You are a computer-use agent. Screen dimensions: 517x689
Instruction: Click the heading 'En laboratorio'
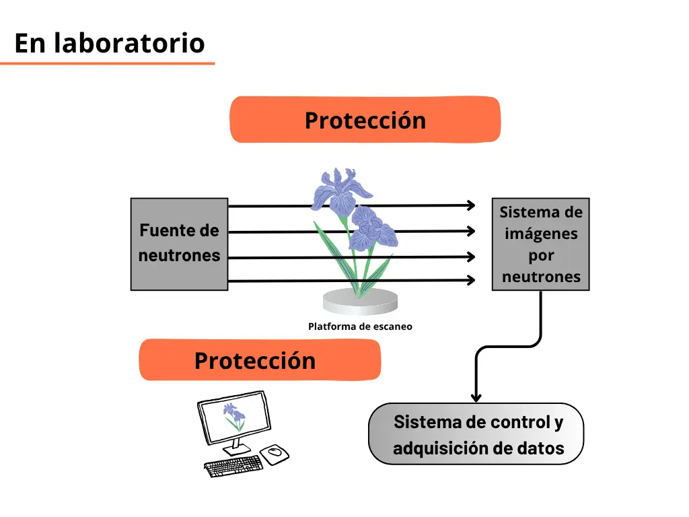[x=110, y=43]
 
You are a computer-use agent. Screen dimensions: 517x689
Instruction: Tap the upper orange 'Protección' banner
[x=365, y=120]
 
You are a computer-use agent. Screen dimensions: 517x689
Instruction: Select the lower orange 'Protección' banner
[x=260, y=360]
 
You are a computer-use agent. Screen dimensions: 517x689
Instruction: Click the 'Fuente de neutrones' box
[x=179, y=244]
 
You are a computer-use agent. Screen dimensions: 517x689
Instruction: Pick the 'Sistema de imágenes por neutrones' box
[x=540, y=244]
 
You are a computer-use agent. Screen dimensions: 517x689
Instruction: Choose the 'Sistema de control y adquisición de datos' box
[x=476, y=434]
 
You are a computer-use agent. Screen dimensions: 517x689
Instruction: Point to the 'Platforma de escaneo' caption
[x=360, y=326]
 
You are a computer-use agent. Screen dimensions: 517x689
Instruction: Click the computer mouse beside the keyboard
[x=275, y=454]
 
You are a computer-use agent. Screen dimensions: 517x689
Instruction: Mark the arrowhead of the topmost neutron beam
[x=471, y=205]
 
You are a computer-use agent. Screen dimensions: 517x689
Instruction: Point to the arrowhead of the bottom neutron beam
[x=471, y=280]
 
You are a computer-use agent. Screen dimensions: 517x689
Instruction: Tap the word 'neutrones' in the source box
[x=179, y=256]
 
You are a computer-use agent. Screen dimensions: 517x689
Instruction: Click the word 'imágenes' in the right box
[x=541, y=234]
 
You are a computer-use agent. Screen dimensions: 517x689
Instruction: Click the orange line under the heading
[x=108, y=64]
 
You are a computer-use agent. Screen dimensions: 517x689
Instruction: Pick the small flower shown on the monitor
[x=234, y=416]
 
